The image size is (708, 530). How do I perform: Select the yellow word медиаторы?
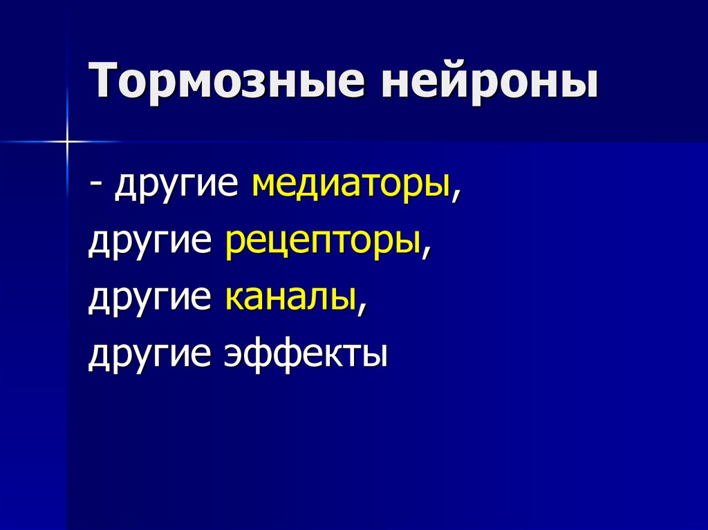click(351, 186)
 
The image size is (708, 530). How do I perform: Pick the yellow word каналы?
click(288, 298)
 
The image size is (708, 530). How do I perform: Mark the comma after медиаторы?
click(456, 196)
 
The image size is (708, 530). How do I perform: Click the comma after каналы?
click(360, 308)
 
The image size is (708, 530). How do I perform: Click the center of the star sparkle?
click(68, 142)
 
